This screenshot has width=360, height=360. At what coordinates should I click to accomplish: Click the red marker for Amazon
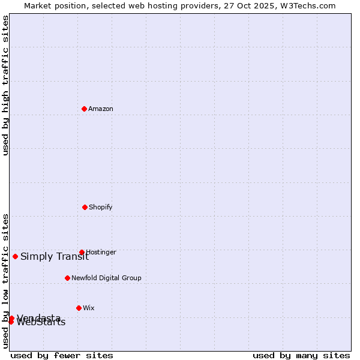pyautogui.click(x=85, y=109)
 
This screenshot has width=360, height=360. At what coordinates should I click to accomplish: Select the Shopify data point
pyautogui.click(x=85, y=207)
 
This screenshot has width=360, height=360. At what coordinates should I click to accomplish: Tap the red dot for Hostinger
pyautogui.click(x=82, y=252)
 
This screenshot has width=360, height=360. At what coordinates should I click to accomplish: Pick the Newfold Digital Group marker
pyautogui.click(x=67, y=278)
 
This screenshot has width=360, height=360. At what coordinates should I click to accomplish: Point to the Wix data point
pyautogui.click(x=79, y=308)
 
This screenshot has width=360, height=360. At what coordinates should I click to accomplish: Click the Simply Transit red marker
pyautogui.click(x=15, y=256)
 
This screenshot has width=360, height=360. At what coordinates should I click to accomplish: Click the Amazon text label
pyautogui.click(x=101, y=109)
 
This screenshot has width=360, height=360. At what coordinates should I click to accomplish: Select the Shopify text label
pyautogui.click(x=101, y=207)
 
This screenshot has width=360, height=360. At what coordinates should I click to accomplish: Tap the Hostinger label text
pyautogui.click(x=101, y=252)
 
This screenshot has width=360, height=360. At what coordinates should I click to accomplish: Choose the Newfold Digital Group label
pyautogui.click(x=106, y=278)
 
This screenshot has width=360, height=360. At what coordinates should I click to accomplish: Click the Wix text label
pyautogui.click(x=88, y=308)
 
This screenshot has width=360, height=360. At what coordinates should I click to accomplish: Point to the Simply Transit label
pyautogui.click(x=55, y=257)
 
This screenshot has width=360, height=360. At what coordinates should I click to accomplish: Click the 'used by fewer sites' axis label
pyautogui.click(x=62, y=355)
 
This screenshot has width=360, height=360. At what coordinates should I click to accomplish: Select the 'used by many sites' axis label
pyautogui.click(x=301, y=355)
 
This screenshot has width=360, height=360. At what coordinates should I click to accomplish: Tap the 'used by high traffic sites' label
pyautogui.click(x=5, y=85)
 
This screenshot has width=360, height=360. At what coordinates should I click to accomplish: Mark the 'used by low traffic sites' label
pyautogui.click(x=5, y=281)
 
